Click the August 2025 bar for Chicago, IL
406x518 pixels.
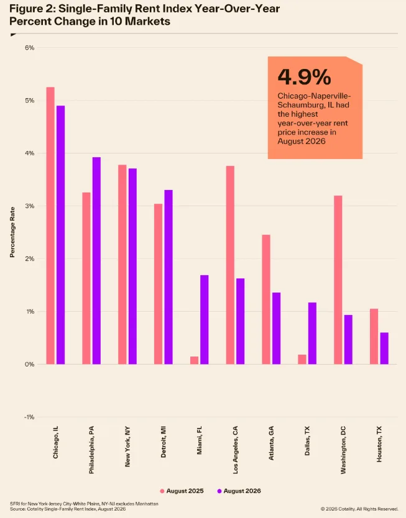pos(50,225)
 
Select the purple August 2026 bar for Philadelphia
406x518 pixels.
pos(96,261)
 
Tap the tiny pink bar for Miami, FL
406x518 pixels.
pos(195,360)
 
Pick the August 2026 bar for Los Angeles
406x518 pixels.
pos(241,322)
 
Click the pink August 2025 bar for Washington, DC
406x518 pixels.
pos(338,280)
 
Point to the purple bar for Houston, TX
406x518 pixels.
pos(384,348)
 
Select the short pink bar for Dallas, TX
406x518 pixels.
pos(302,360)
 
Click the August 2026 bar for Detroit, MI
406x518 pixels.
pos(168,277)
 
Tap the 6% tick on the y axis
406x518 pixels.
pos(29,48)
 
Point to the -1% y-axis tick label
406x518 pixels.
pos(29,417)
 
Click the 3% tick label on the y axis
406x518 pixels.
pos(29,206)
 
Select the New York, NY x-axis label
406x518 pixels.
pos(127,447)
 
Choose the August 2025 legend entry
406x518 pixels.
pos(182,491)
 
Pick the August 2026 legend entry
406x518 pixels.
pos(239,491)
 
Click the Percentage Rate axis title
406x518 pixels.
pos(12,232)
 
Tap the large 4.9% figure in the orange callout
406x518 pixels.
pos(304,76)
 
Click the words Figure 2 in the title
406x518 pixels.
pos(30,9)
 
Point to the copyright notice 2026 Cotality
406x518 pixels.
pos(359,509)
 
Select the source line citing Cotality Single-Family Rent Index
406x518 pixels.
pos(68,509)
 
